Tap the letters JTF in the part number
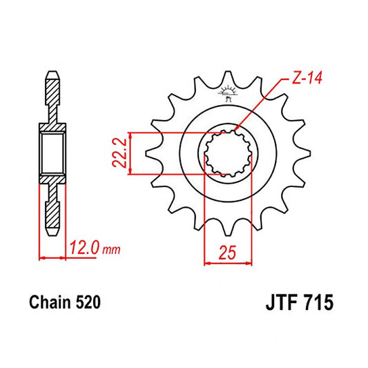(280, 302)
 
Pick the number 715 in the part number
(320, 302)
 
